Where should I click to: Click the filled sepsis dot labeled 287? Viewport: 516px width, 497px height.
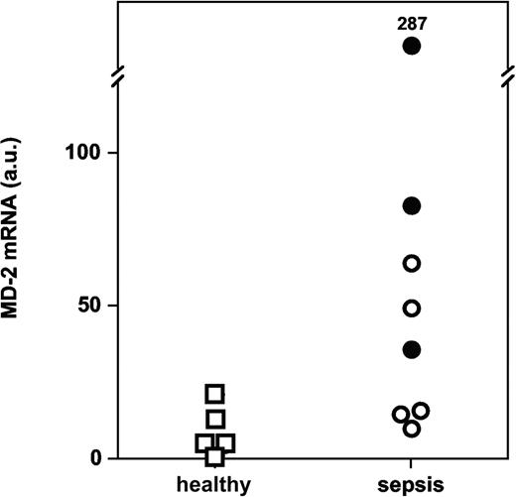point(412,46)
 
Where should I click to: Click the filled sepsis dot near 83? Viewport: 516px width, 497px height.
point(412,205)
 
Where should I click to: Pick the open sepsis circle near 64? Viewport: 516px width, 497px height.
point(412,263)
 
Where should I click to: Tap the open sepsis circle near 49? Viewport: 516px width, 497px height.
point(412,309)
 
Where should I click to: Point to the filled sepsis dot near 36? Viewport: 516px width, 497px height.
point(412,349)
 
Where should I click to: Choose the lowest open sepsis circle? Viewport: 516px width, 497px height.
point(412,429)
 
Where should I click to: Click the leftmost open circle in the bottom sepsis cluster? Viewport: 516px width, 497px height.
point(401,415)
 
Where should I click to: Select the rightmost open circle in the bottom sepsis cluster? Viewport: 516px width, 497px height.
point(422,411)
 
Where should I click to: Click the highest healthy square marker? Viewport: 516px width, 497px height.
point(215,394)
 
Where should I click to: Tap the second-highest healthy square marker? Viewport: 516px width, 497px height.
point(215,419)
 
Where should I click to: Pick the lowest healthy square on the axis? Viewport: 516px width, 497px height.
point(215,456)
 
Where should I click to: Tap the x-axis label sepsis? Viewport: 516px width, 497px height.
point(412,483)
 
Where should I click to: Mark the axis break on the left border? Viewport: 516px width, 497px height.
point(115,75)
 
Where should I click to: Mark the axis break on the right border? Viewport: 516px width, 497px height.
point(509,75)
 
